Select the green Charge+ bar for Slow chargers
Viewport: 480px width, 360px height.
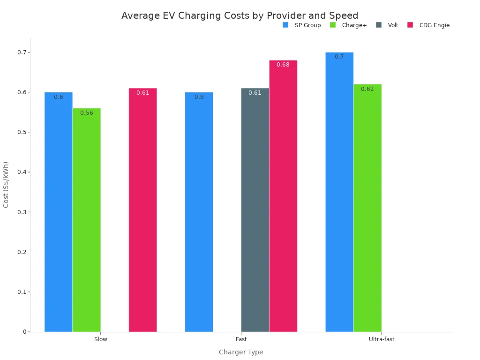click(87, 220)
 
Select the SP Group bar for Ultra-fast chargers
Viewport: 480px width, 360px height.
click(339, 192)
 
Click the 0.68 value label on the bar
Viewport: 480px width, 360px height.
click(283, 65)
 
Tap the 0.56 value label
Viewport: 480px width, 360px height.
click(87, 113)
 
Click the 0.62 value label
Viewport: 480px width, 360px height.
click(367, 89)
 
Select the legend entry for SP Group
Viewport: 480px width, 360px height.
click(302, 25)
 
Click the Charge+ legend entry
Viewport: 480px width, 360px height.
click(349, 25)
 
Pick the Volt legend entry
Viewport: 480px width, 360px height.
click(388, 25)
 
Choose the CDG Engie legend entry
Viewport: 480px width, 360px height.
click(429, 25)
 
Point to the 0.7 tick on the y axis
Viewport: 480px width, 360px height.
click(21, 52)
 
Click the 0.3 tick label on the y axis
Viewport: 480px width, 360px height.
click(21, 212)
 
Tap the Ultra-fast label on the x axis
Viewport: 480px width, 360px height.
click(382, 339)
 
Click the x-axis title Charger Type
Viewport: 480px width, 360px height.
click(241, 352)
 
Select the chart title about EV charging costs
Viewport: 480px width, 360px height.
click(240, 15)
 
